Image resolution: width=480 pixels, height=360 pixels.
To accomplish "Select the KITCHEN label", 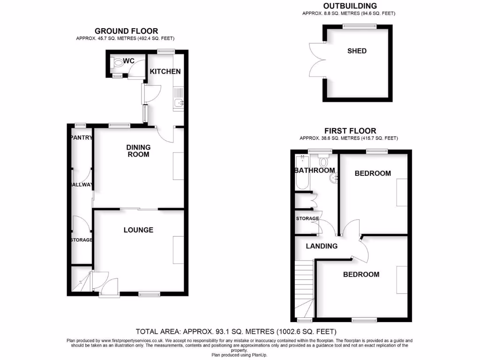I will point(165,71).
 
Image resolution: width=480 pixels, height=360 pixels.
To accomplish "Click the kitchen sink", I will point(178,104).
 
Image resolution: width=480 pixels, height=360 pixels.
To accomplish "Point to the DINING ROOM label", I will point(138,150).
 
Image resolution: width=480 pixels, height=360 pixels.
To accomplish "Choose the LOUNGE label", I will point(138,230).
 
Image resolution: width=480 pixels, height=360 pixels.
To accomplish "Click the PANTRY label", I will point(81,137).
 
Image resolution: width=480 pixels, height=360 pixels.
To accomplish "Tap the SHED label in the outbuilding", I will point(357,51).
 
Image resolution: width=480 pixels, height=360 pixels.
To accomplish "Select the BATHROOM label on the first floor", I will point(315,170).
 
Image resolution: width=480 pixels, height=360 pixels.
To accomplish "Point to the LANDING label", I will point(322,246).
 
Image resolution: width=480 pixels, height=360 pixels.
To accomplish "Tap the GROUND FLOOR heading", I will point(126,31).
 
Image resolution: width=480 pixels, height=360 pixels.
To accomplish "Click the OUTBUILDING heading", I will point(349,6).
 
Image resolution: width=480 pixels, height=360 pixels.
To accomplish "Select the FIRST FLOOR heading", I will point(349,131).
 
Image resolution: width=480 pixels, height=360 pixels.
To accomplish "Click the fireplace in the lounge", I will point(178,250).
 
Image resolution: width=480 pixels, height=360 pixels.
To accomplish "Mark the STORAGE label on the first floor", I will point(307,218).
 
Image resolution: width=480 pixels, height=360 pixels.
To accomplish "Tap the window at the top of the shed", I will point(359,27).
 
